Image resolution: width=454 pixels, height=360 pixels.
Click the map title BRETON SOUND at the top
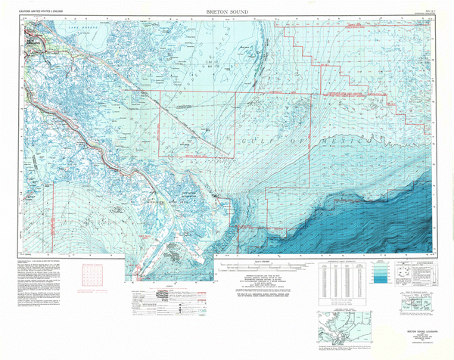(227, 13)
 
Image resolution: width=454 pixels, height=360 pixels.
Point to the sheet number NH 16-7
(420, 11)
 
